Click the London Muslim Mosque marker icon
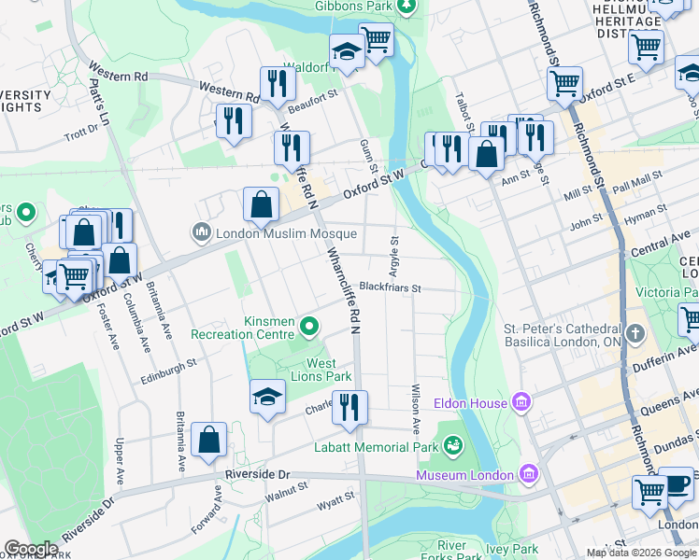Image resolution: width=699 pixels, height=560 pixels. point(201,232)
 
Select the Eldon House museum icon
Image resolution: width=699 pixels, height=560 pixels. point(521,403)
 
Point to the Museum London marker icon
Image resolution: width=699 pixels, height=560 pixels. point(530,474)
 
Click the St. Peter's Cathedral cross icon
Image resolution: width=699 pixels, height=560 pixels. point(635,334)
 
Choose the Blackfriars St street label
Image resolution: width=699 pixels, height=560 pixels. point(391,287)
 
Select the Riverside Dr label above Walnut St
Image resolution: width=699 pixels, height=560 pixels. point(259,474)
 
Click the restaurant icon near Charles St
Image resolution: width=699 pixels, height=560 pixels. point(349,407)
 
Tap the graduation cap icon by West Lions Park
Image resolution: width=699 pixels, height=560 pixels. point(267,397)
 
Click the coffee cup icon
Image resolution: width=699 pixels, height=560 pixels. point(677,484)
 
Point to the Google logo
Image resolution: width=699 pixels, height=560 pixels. point(31,549)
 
